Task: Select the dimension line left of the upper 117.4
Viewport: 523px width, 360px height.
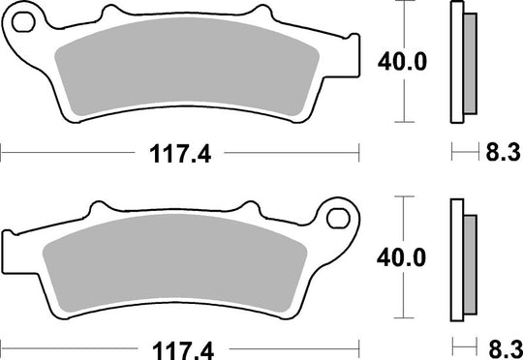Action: tap(68, 152)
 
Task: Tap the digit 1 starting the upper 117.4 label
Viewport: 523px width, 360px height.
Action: tap(151, 152)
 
